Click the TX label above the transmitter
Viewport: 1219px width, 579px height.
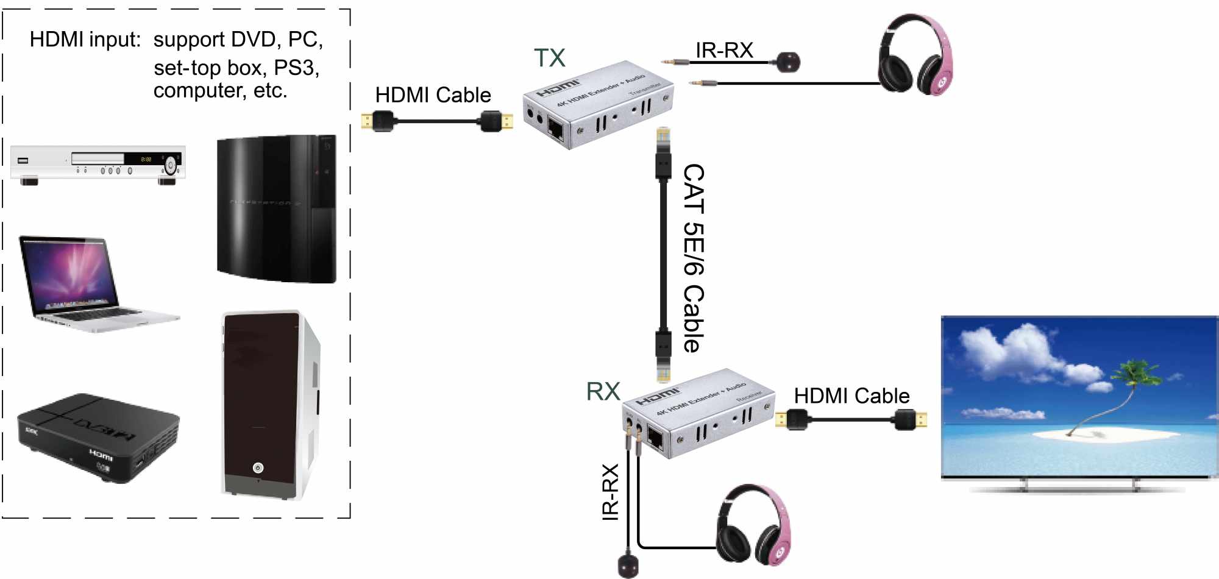point(549,58)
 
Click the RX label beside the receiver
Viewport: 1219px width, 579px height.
point(602,391)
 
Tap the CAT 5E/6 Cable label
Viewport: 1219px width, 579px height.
point(694,258)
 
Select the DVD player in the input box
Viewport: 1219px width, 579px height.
point(98,163)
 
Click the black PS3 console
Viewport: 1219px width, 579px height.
point(276,208)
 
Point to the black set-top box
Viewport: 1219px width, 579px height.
point(98,437)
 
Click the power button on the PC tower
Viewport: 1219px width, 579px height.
point(258,467)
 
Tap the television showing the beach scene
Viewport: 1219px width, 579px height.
point(1079,399)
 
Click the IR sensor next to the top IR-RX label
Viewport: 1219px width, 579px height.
point(788,62)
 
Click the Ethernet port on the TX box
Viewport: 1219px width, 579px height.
point(555,129)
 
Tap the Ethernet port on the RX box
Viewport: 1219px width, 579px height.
point(656,438)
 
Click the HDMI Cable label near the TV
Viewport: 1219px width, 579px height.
point(851,396)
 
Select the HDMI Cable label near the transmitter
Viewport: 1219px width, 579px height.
point(433,95)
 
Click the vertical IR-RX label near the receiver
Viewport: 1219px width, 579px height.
point(610,492)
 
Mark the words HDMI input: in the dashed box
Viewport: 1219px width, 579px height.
point(85,40)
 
